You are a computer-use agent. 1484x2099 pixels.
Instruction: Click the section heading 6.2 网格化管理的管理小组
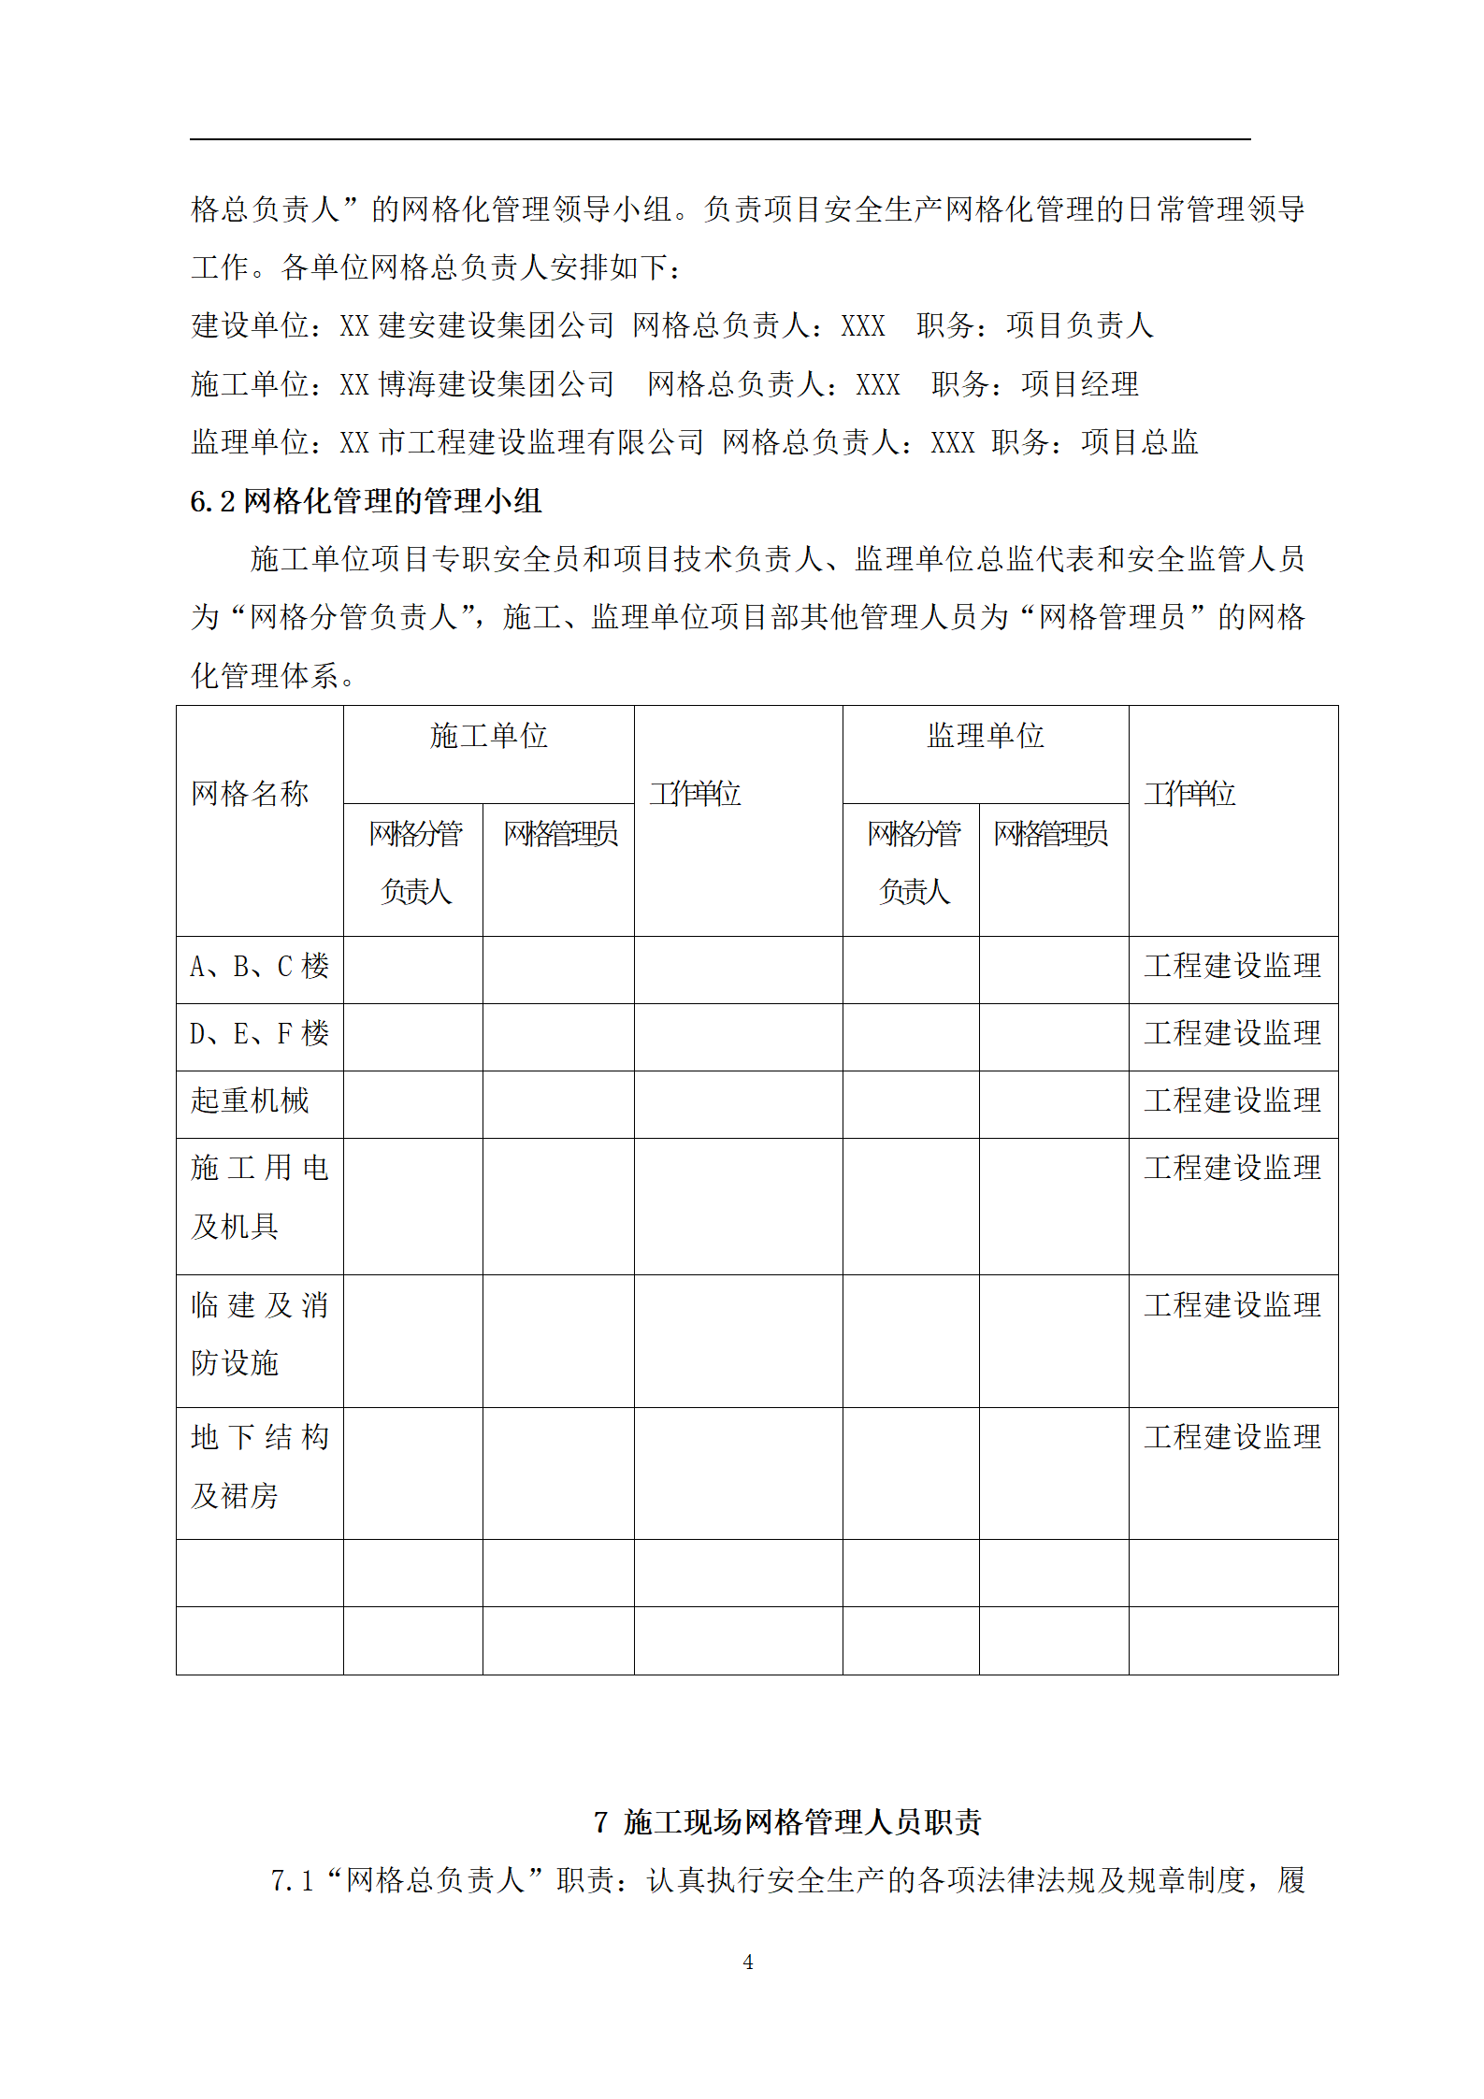(366, 501)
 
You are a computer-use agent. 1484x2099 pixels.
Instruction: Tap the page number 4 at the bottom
(747, 1962)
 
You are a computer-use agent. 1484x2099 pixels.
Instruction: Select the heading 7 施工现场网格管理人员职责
(787, 1821)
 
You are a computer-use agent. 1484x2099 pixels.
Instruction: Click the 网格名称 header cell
(250, 794)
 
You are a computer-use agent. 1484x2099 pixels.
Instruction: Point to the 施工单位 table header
(488, 736)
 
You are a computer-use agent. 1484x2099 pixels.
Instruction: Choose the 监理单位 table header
(985, 736)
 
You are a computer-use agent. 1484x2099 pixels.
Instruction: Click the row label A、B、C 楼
(259, 967)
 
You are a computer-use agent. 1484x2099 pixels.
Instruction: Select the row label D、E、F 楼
(259, 1034)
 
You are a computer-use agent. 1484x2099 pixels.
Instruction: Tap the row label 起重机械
(250, 1101)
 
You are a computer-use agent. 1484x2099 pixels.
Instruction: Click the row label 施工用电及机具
(259, 1197)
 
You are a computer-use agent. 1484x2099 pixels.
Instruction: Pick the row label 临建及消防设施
(259, 1333)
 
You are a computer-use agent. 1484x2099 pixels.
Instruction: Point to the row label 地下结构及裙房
(259, 1466)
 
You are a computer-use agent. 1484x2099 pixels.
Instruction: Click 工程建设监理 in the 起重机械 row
(1232, 1101)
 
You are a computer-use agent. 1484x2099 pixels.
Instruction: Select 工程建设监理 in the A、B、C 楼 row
(1232, 967)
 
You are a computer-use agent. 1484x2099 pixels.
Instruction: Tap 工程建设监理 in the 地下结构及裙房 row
(1232, 1437)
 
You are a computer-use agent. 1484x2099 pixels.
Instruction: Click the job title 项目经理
(1080, 384)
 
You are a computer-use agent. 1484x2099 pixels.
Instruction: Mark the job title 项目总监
(1139, 442)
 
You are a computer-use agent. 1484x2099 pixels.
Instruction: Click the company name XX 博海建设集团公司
(477, 384)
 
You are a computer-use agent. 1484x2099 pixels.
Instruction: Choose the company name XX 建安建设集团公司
(477, 325)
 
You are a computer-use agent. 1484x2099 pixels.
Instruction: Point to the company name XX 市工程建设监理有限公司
(522, 442)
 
